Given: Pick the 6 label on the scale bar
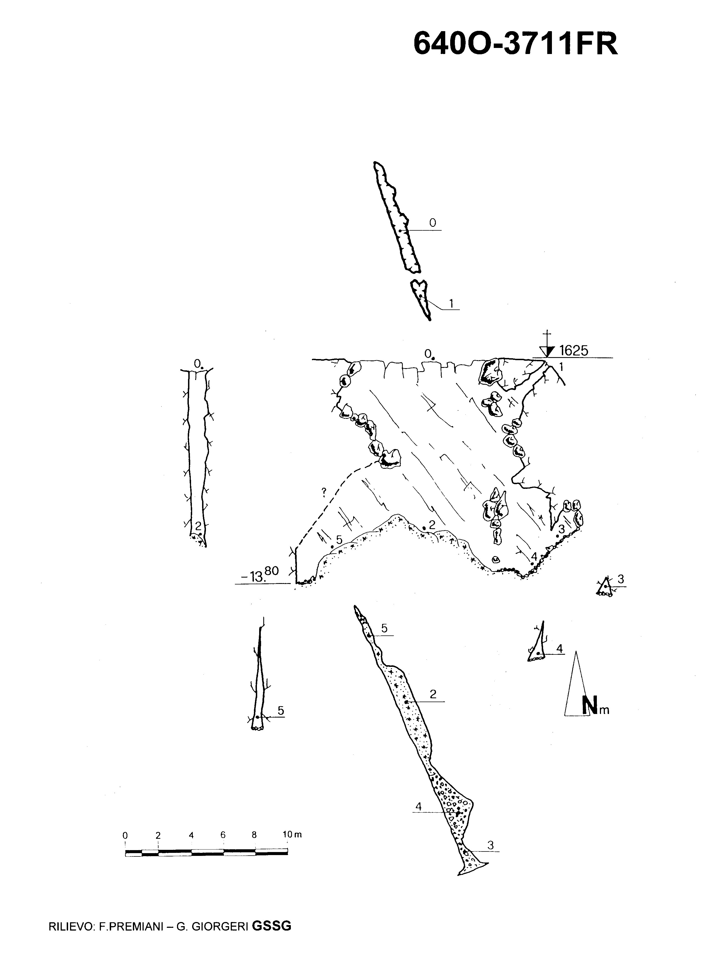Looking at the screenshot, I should (223, 835).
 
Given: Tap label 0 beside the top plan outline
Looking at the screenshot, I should (432, 223).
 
